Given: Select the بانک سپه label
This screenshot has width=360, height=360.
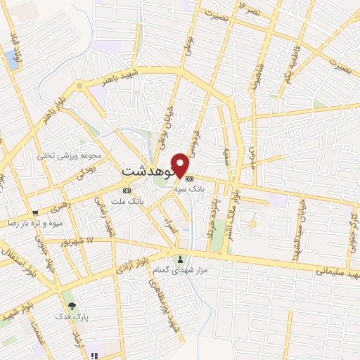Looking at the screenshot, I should [x=207, y=188].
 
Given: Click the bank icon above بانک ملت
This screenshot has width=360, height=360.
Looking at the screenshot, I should [x=127, y=191].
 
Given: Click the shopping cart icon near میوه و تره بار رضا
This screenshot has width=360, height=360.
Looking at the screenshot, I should [x=34, y=212].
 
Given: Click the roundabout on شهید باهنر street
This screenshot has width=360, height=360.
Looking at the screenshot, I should [x=79, y=86].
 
